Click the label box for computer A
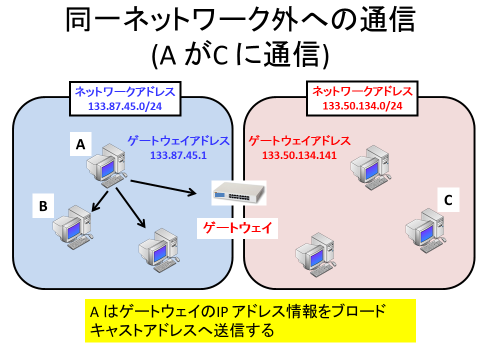(x=80, y=144)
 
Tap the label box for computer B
(x=43, y=205)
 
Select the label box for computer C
(x=448, y=200)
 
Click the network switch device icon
(x=239, y=193)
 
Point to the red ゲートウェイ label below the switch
(x=237, y=228)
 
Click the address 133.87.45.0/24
(x=125, y=106)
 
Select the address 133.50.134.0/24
(x=362, y=105)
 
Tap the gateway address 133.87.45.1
(x=178, y=155)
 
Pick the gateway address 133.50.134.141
(x=299, y=155)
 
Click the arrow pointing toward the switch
(x=163, y=187)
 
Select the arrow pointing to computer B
(x=100, y=201)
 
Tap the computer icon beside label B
(x=73, y=227)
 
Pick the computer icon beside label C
(x=426, y=230)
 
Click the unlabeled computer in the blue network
(x=159, y=250)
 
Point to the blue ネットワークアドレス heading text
(x=125, y=91)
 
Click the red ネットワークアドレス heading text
(x=362, y=91)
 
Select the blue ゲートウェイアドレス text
(x=178, y=141)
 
